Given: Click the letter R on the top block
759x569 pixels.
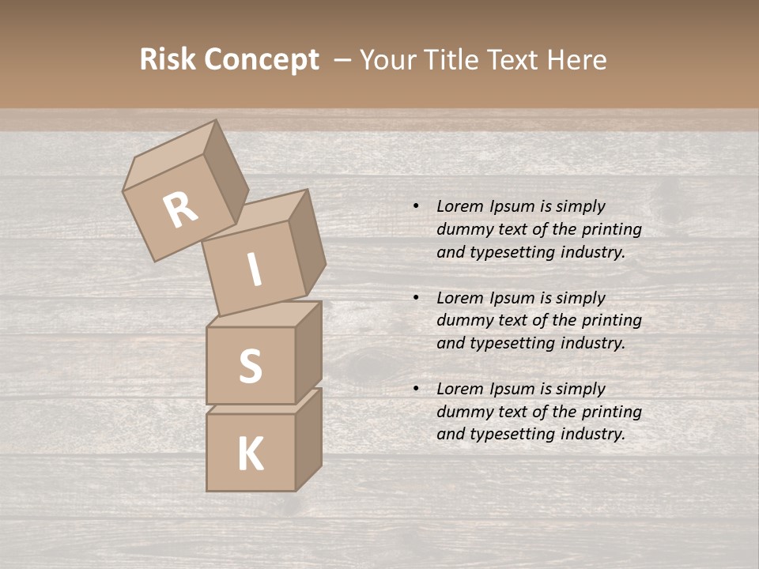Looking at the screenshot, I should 180,210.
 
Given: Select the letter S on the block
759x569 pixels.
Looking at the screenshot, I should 251,366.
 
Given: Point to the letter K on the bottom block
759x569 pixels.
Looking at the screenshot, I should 251,454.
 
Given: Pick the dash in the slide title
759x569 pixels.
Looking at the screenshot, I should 343,61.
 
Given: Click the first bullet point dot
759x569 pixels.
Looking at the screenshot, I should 416,206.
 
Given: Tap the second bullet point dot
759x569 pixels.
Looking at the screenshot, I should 416,298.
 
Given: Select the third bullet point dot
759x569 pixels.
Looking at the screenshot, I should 416,389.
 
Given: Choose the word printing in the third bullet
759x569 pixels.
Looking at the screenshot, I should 612,412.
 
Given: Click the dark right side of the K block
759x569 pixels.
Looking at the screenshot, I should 308,439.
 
